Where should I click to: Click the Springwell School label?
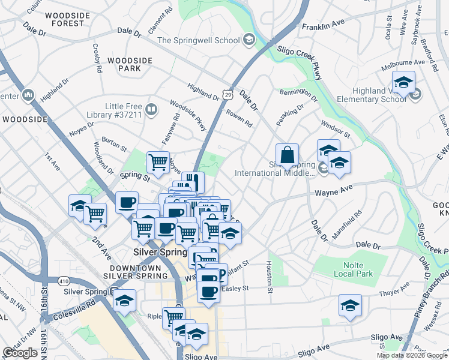click(x=198, y=41)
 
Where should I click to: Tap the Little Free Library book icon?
click(x=151, y=110)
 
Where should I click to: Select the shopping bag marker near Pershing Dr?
click(x=288, y=155)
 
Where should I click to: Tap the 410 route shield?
click(x=64, y=280)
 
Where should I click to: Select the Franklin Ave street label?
click(x=323, y=26)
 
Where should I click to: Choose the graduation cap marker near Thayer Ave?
click(x=350, y=305)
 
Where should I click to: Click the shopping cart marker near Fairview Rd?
click(x=158, y=162)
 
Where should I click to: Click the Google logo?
click(x=20, y=353)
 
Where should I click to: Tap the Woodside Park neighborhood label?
click(x=125, y=64)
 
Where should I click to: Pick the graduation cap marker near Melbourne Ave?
click(x=404, y=82)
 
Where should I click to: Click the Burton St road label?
click(x=114, y=145)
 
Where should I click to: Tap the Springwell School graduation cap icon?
click(x=249, y=40)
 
